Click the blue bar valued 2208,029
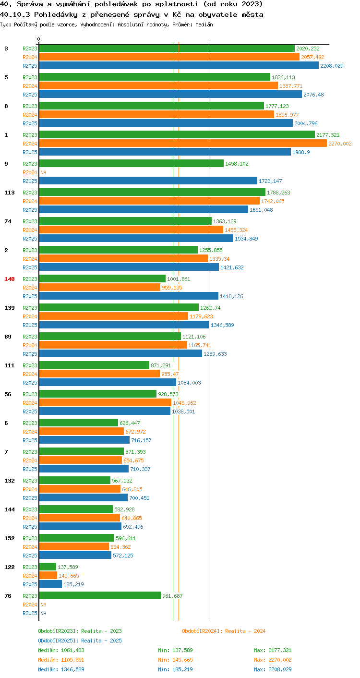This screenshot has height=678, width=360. tap(179, 65)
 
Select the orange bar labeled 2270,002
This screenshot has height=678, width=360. tap(183, 143)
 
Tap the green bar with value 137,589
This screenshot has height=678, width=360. tap(48, 567)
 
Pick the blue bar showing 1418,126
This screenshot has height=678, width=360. tap(129, 296)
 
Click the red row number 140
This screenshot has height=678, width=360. tap(10, 279)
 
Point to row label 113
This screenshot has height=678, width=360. tap(10, 193)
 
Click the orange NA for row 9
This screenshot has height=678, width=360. tap(43, 172)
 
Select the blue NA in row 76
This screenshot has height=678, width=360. tap(43, 613)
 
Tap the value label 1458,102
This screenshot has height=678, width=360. tap(237, 164)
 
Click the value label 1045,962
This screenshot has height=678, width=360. tap(184, 403)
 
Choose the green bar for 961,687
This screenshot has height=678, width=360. tap(100, 595)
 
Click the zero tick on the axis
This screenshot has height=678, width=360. tap(39, 39)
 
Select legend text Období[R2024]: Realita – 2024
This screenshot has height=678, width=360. tap(224, 631)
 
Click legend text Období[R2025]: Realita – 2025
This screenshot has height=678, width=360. tap(80, 641)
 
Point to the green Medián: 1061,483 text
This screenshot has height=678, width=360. tap(61, 650)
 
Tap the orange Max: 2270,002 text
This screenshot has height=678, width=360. tap(273, 660)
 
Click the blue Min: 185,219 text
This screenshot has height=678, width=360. tap(175, 669)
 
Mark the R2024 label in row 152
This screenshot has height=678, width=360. tap(30, 546)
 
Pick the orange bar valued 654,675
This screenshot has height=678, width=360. tap(81, 460)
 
